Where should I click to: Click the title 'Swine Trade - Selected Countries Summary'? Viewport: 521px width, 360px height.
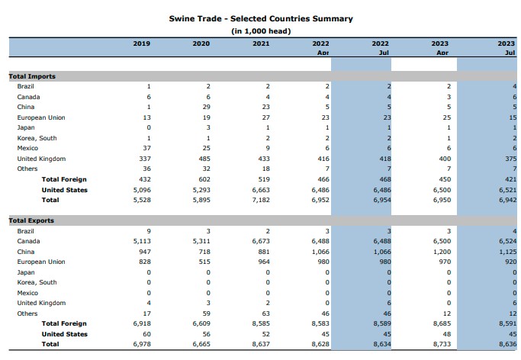pyautogui.click(x=261, y=18)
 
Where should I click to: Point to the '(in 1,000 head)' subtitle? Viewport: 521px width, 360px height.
pyautogui.click(x=261, y=31)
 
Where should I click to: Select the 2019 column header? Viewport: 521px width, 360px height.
pyautogui.click(x=142, y=43)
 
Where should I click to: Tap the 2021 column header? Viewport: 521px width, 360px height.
pyautogui.click(x=261, y=43)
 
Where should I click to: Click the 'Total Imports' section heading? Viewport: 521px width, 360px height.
pyautogui.click(x=32, y=76)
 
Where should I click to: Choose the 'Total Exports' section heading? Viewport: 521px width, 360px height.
pyautogui.click(x=32, y=220)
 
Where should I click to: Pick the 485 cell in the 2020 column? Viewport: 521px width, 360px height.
pyautogui.click(x=204, y=159)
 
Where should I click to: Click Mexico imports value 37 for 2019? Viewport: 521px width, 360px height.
pyautogui.click(x=146, y=148)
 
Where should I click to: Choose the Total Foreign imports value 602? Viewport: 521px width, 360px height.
pyautogui.click(x=204, y=179)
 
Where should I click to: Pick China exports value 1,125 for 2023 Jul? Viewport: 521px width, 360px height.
pyautogui.click(x=503, y=251)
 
